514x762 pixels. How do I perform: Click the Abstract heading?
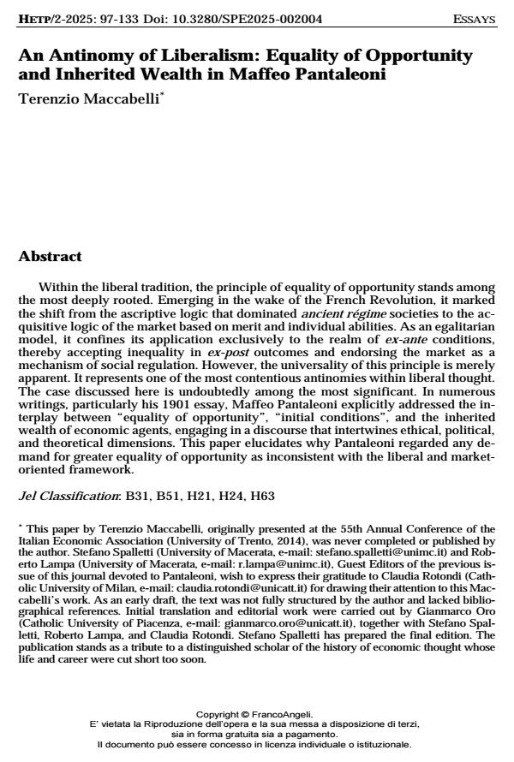(51, 256)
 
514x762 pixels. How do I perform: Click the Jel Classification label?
(69, 495)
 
